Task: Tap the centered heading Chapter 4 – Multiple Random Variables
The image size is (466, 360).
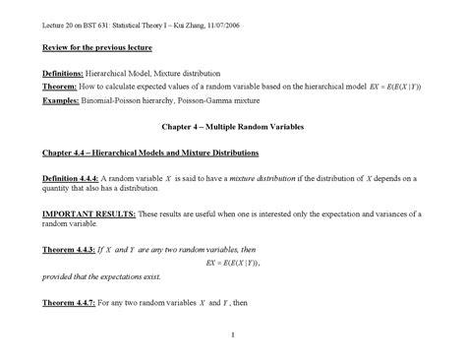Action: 232,128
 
